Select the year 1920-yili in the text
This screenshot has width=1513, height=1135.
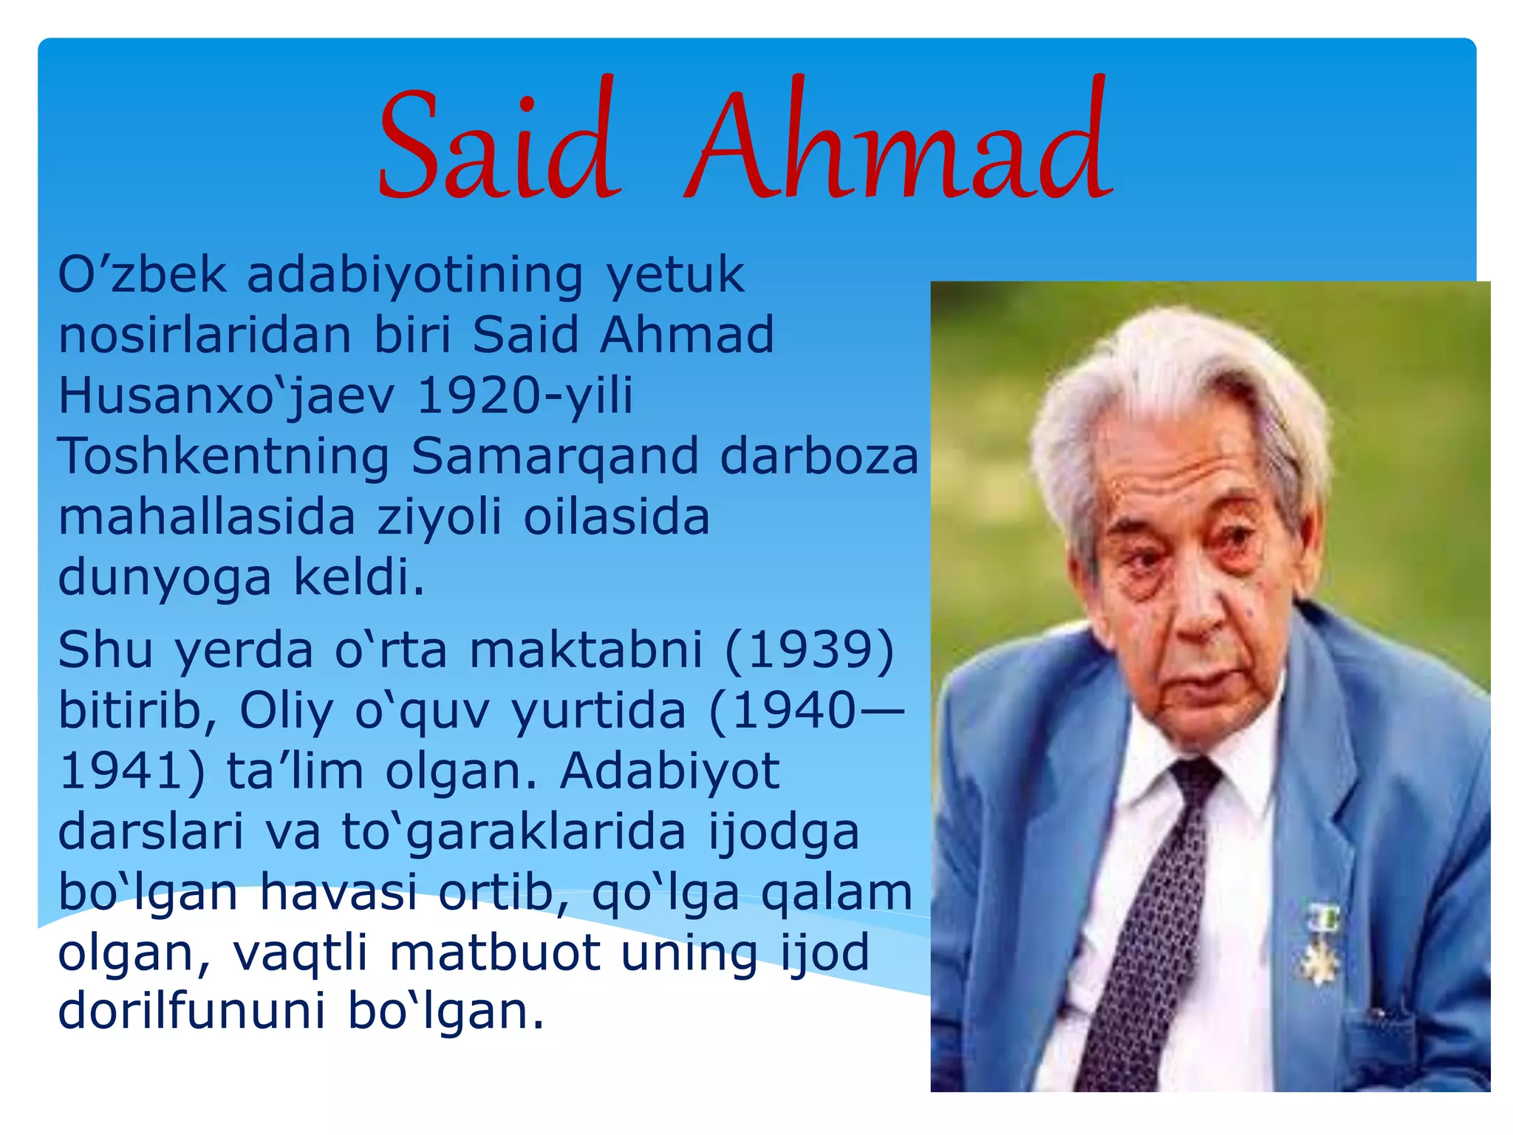pos(525,395)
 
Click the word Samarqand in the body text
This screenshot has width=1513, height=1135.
pos(554,456)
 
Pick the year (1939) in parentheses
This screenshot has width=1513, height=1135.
pos(809,651)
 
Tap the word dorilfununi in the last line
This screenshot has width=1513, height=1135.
pos(191,1012)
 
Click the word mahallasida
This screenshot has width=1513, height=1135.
pos(207,517)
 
